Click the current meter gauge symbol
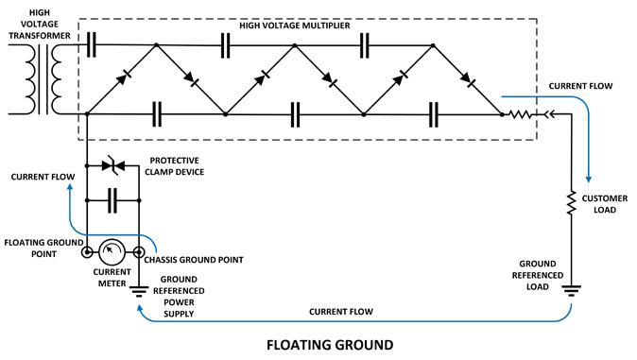[x=113, y=252]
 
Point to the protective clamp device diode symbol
[x=112, y=165]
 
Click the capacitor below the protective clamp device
[x=112, y=200]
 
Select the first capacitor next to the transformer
[x=92, y=43]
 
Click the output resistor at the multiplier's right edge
[x=521, y=114]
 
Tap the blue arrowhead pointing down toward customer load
[x=590, y=177]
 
